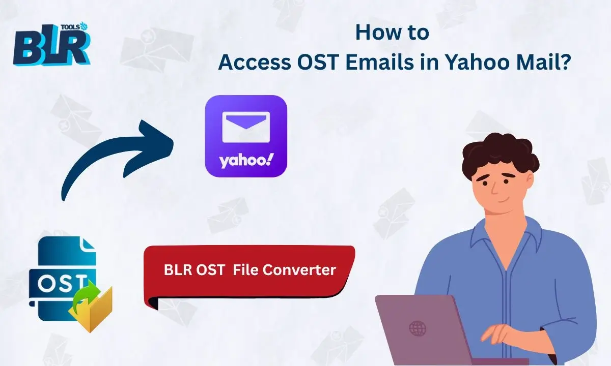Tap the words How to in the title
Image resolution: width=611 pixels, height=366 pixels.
pyautogui.click(x=392, y=33)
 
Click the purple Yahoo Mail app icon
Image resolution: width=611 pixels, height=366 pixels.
pyautogui.click(x=246, y=136)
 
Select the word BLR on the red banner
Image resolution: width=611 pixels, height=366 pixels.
pyautogui.click(x=178, y=269)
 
